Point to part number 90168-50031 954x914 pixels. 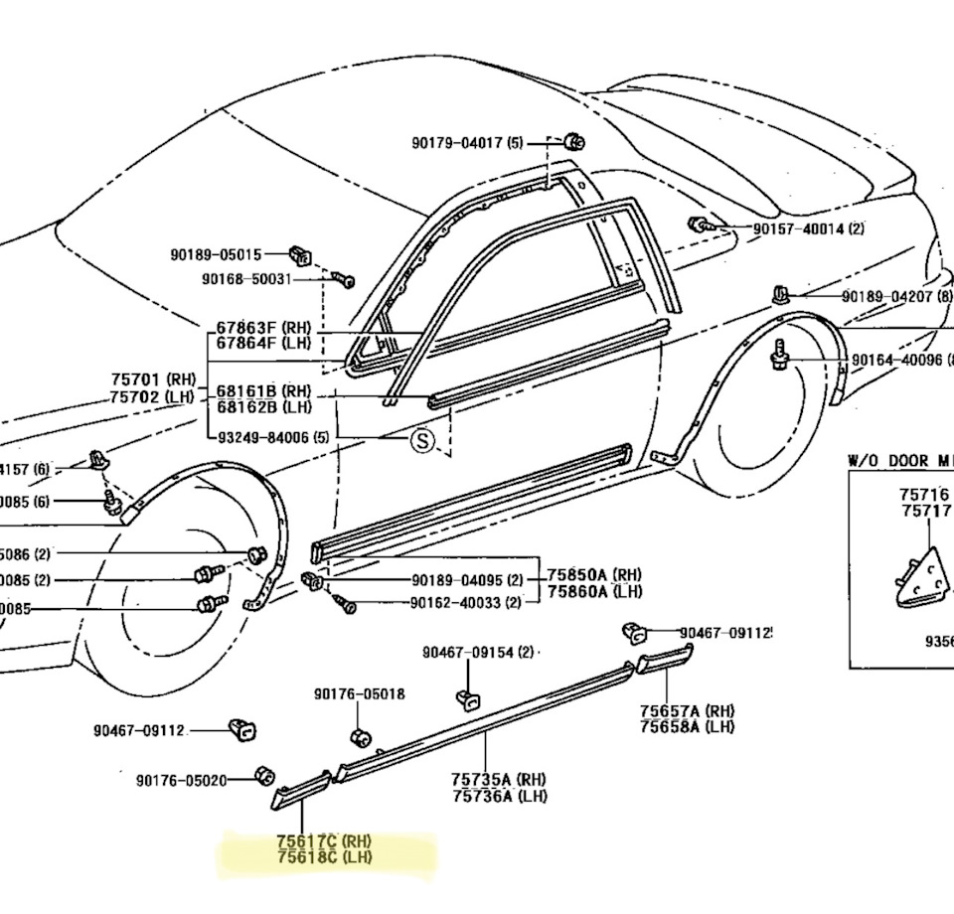coord(245,279)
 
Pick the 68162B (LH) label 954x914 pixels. coord(263,407)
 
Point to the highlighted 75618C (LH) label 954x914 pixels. coord(324,857)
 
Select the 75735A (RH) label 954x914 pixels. coord(499,780)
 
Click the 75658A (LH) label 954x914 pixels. coord(687,726)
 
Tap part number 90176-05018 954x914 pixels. coord(360,693)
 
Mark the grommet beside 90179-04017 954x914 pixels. coord(572,141)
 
